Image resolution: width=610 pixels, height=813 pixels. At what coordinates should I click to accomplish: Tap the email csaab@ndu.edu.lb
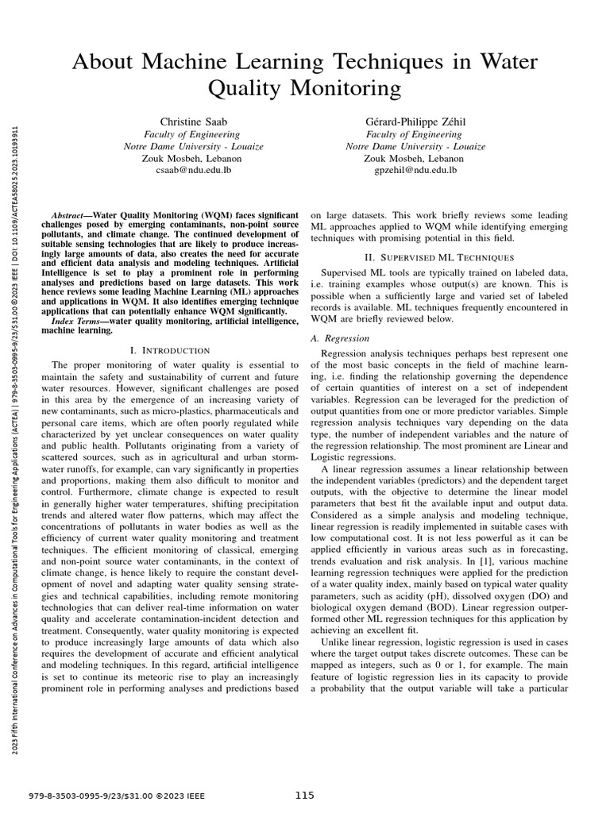click(193, 170)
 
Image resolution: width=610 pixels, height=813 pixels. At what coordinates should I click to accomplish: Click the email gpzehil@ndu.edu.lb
click(415, 170)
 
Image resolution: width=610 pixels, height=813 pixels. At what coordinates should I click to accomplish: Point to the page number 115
click(305, 796)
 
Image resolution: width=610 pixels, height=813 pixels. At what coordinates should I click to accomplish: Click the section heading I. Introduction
click(169, 350)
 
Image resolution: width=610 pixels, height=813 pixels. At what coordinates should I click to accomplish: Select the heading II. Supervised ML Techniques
click(439, 257)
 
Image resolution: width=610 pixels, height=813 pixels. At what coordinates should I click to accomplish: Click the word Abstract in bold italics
click(66, 216)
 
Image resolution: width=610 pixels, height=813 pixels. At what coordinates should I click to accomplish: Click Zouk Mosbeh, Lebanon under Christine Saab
click(193, 158)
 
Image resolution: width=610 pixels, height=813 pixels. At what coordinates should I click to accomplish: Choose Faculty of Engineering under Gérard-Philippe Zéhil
click(415, 134)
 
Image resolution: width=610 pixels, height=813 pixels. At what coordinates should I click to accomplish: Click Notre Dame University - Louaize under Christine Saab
click(193, 146)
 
